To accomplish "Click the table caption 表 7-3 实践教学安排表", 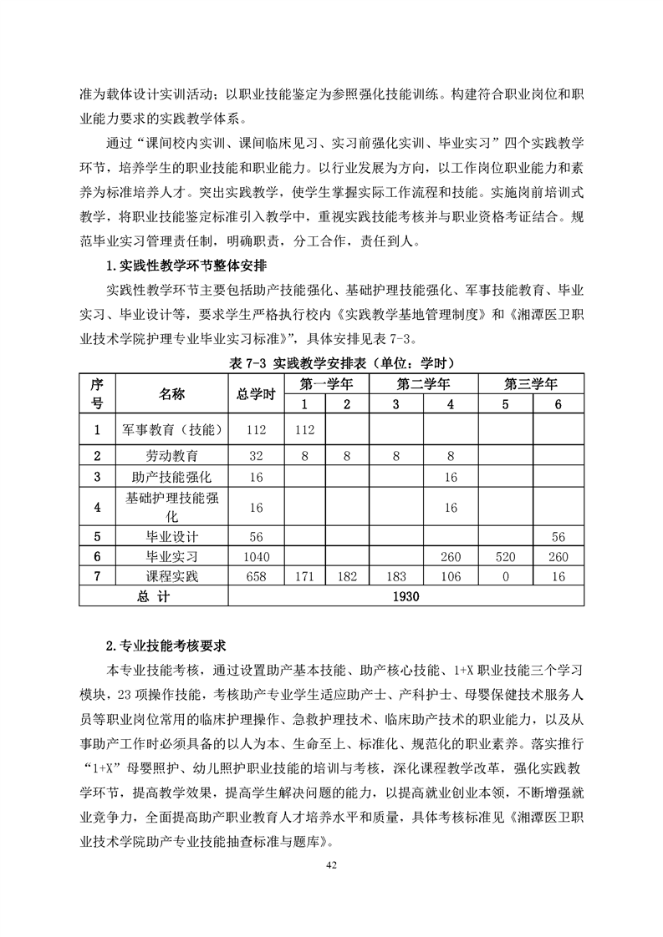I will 331,362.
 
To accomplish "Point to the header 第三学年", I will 530,384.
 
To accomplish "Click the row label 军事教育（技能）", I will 171,430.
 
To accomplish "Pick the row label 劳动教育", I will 171,456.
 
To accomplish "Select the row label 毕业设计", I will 171,537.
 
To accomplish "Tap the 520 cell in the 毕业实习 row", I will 505,557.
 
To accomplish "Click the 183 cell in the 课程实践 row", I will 395,576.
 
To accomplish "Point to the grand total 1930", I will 406,596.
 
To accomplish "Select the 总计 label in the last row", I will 153,596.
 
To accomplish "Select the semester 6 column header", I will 558,404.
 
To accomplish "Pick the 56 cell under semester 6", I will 558,537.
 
